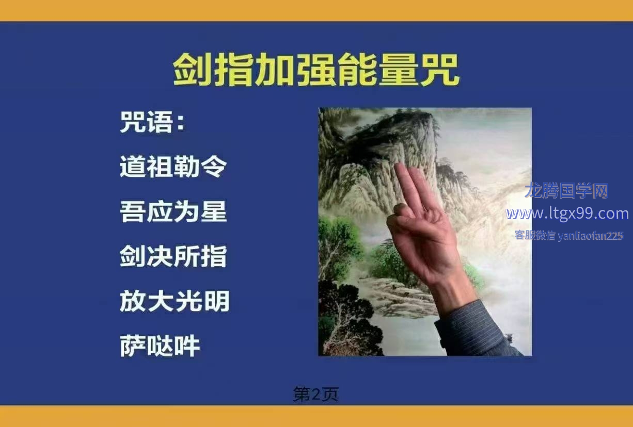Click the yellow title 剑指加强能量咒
(x=316, y=70)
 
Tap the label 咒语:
(x=153, y=122)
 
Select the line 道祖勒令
(x=173, y=167)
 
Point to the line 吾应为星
(x=173, y=211)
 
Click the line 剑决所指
(x=173, y=256)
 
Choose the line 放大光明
(x=175, y=301)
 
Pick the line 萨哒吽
(x=160, y=346)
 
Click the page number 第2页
(x=315, y=394)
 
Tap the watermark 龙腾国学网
(x=566, y=190)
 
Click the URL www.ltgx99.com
(x=567, y=213)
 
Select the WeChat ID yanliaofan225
(x=590, y=236)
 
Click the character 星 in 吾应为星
(x=214, y=211)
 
